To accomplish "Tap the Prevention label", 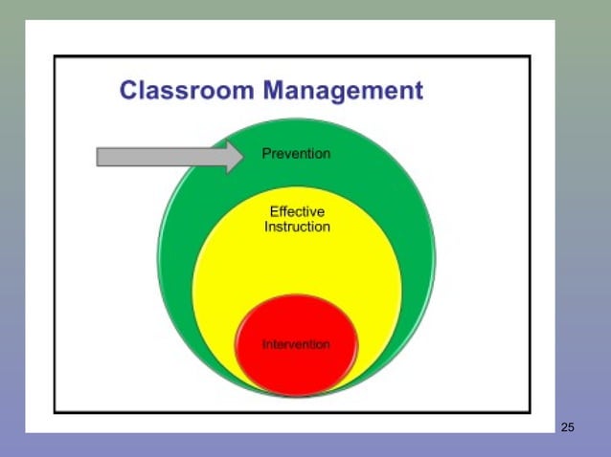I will point(296,154).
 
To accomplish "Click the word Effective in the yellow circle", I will point(297,211).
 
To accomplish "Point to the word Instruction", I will point(297,228).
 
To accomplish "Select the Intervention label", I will point(296,344).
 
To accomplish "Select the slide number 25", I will point(567,426).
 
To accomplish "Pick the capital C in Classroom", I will point(128,91).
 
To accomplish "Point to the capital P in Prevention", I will point(266,154).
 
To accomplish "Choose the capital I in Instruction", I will point(266,228).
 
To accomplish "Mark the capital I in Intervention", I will point(264,344).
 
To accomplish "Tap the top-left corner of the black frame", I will point(55,57).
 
